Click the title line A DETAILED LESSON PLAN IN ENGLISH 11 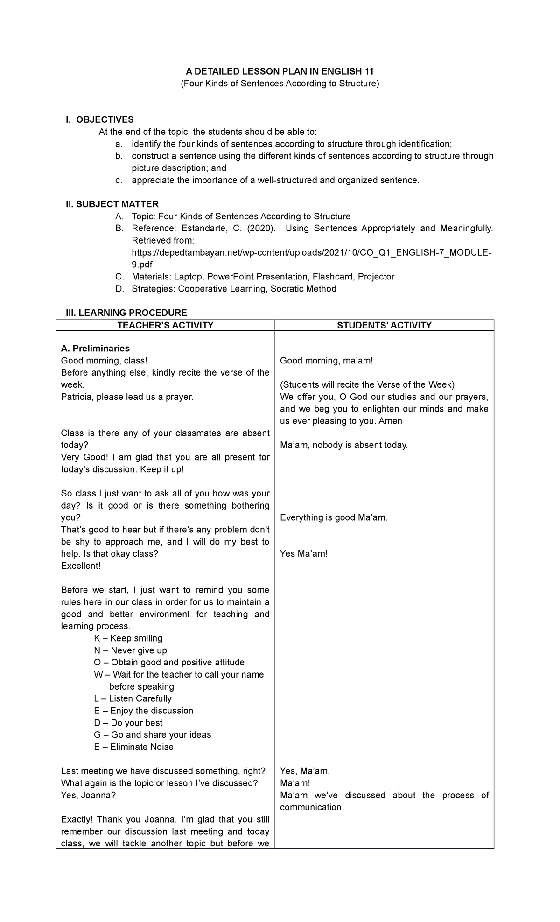point(280,71)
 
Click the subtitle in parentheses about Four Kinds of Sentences point(280,84)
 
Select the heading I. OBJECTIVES point(100,119)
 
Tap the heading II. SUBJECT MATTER point(112,204)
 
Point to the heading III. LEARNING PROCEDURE point(126,313)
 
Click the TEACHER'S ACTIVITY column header point(165,325)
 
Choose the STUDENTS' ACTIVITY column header point(384,325)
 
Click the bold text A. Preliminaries point(95,349)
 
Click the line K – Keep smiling point(128,638)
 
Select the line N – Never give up point(130,650)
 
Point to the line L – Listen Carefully point(133,698)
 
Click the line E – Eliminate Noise point(133,747)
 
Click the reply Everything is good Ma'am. point(334,517)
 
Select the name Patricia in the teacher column point(76,397)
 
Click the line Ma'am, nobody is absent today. point(344,445)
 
